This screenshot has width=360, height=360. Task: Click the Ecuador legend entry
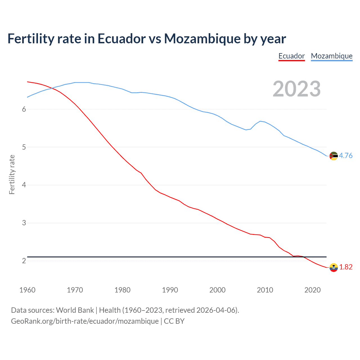click(291, 56)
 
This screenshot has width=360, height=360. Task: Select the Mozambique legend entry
click(332, 56)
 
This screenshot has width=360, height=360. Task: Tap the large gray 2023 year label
click(297, 89)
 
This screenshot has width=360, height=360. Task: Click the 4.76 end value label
click(346, 156)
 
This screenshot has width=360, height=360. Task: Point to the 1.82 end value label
click(346, 267)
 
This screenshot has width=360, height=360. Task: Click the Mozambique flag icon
click(334, 156)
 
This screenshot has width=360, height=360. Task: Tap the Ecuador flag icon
click(334, 267)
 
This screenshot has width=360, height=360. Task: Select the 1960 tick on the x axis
click(27, 290)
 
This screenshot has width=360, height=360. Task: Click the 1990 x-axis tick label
click(170, 290)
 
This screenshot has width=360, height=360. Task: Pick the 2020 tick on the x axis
click(312, 290)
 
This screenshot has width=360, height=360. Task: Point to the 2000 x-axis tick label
click(217, 290)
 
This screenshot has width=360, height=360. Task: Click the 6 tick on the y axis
click(24, 109)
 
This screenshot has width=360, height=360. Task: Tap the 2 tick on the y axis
click(24, 261)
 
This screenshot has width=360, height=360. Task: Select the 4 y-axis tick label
click(24, 185)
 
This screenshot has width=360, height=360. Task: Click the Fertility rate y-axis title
click(12, 174)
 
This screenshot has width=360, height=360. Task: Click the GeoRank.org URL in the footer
click(85, 321)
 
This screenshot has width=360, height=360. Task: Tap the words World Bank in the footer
click(75, 310)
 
